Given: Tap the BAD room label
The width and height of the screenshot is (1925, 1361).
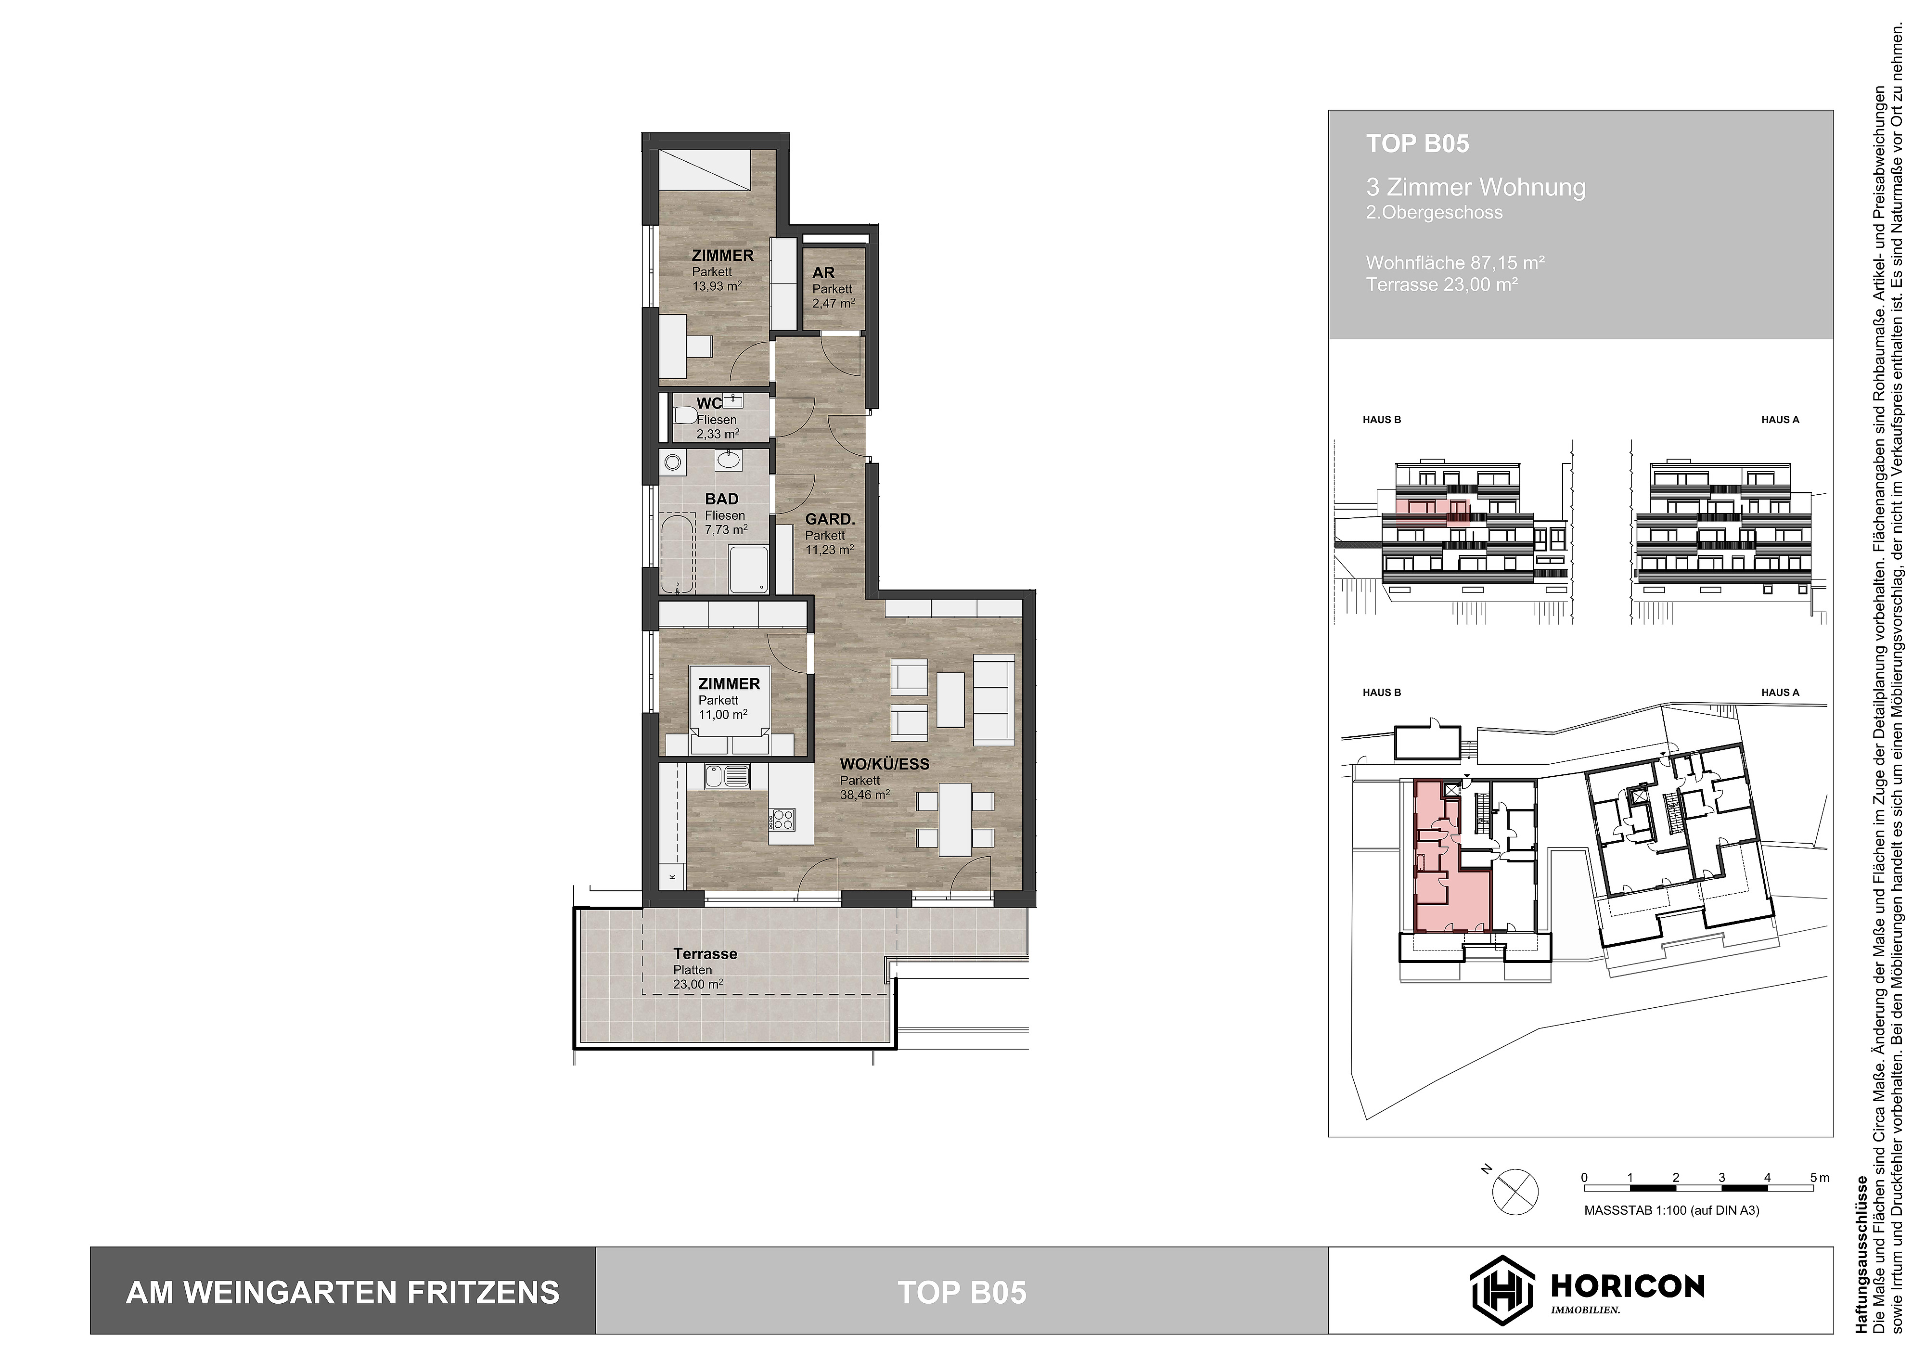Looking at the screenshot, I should point(721,499).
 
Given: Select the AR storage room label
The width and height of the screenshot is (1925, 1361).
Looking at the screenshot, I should point(823,272).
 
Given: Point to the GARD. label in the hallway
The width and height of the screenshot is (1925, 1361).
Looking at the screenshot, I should point(829,520).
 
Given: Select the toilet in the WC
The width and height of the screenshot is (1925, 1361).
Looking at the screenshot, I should point(685,416).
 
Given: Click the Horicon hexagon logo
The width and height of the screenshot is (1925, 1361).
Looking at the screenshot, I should point(1501,1292).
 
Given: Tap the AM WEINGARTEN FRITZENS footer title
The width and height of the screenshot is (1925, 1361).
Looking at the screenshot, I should point(342,1292).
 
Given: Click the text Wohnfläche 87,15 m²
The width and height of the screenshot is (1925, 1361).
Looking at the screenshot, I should point(1455,262).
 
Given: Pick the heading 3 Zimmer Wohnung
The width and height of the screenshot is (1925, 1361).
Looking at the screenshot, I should point(1476,187).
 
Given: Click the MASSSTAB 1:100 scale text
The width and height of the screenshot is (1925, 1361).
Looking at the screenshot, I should point(1671,1211).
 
